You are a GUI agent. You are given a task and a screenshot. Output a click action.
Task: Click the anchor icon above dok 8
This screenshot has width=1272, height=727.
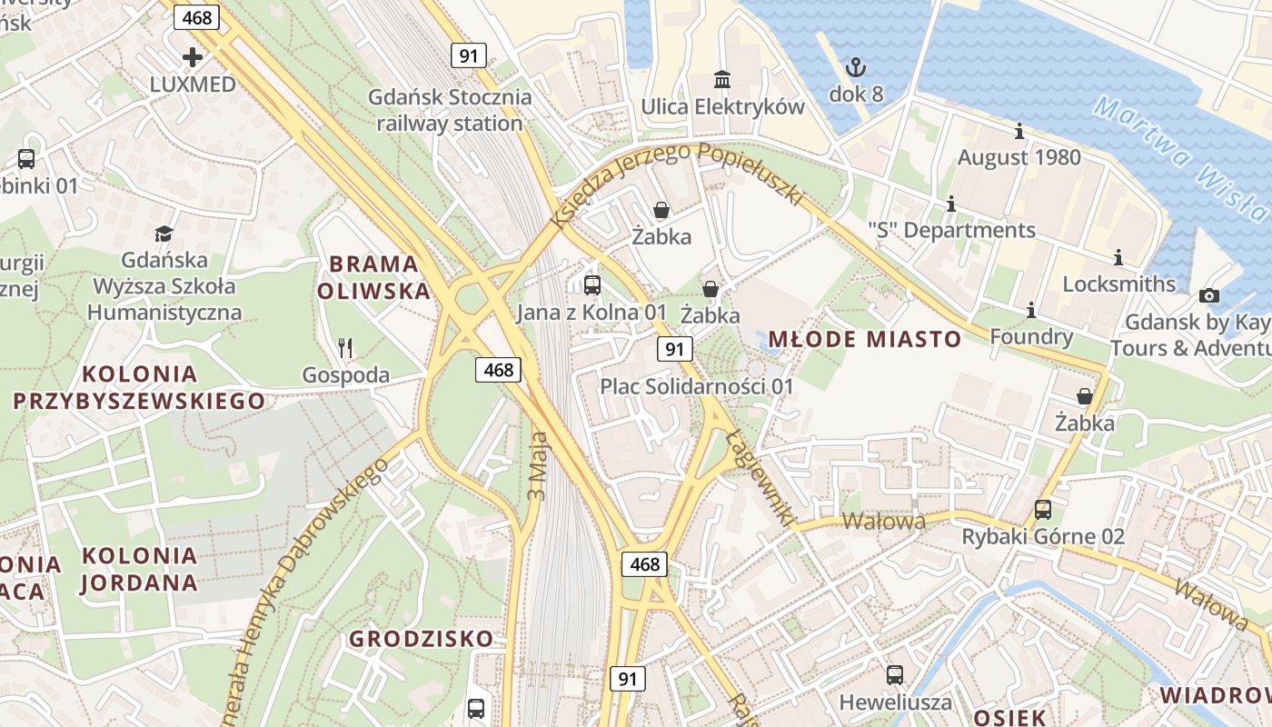click(855, 66)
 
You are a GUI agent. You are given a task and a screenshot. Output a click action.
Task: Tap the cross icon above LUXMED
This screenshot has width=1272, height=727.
click(193, 57)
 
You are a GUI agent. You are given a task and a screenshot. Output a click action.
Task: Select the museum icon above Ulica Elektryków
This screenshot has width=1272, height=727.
click(722, 80)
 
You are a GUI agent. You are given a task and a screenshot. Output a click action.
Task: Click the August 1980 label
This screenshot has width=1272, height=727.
click(1019, 157)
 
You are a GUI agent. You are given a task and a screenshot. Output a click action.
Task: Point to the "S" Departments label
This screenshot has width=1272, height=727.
click(951, 230)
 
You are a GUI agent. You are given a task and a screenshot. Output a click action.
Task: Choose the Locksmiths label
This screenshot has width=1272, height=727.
click(1118, 284)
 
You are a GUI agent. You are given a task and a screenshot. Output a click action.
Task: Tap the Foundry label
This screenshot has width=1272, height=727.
click(1031, 337)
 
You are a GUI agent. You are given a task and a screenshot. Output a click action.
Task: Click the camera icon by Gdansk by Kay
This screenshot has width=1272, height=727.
click(1208, 295)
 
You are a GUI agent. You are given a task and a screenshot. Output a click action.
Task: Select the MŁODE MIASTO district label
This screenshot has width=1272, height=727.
click(864, 340)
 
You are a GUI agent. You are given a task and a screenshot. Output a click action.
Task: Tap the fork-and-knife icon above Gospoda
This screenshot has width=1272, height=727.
click(345, 347)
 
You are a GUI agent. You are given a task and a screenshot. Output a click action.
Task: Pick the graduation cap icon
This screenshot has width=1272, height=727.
click(164, 234)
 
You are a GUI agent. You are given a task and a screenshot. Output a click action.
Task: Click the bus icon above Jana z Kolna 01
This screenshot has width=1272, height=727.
click(592, 285)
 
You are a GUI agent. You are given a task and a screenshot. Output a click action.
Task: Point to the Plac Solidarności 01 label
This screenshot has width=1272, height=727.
click(696, 386)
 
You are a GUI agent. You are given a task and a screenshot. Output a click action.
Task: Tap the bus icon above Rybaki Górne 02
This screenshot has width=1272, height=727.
click(1043, 510)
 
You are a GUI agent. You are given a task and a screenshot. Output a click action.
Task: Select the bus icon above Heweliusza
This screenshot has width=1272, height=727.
click(895, 675)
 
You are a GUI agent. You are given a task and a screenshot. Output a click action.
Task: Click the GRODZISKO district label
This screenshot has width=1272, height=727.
click(422, 638)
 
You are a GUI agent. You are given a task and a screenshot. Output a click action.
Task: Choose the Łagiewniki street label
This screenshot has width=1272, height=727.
click(756, 477)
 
